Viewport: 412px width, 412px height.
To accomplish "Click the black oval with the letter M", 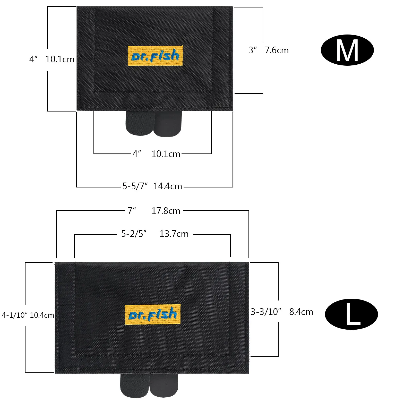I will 347,50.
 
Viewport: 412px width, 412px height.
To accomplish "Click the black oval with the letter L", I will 351,314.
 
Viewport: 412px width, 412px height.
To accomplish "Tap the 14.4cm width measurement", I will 168,186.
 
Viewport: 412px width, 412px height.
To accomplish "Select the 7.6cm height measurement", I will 277,50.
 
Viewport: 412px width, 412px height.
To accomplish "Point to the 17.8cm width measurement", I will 166,211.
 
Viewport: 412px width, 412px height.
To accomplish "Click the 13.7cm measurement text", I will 174,234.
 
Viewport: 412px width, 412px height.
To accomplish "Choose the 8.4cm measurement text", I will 301,312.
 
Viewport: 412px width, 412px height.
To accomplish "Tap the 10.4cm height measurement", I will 42,315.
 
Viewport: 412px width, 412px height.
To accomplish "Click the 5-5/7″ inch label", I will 135,186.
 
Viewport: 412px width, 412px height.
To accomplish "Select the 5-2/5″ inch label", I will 134,234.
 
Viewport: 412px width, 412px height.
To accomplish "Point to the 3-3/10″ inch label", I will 266,312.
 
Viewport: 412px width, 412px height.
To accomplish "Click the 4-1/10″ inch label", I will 14,315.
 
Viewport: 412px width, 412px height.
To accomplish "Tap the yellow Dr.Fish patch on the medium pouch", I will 155,56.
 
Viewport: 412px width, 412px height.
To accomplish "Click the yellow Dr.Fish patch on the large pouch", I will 153,314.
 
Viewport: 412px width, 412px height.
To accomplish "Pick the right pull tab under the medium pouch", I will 168,124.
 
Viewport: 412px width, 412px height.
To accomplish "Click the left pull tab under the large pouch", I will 134,385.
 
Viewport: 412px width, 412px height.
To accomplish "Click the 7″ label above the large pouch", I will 131,211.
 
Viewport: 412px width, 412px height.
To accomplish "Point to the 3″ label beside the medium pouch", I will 253,50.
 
